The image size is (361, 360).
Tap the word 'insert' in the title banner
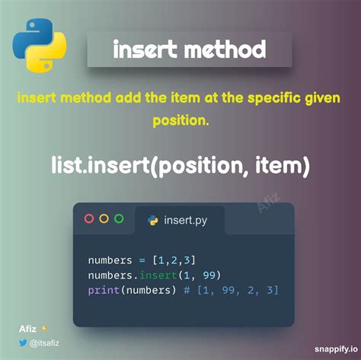click(144, 50)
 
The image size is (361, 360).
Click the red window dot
click(89, 219)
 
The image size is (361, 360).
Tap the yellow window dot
click(104, 219)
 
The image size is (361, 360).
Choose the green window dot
click(119, 219)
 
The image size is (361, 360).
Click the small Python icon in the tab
click(152, 220)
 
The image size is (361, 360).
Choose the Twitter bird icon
click(24, 344)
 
